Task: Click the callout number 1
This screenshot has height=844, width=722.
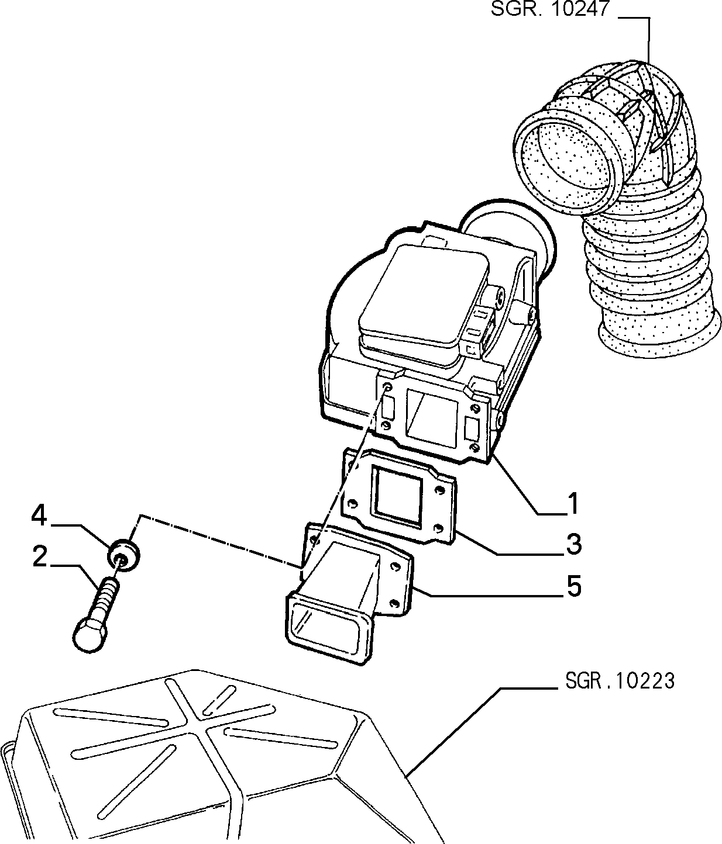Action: tap(573, 503)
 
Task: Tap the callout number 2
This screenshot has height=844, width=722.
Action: tap(40, 556)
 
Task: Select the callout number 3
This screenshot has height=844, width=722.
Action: tap(573, 544)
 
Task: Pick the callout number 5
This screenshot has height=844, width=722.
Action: tap(574, 587)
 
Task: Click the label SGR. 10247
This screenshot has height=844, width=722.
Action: tap(550, 8)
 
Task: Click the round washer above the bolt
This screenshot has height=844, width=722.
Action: tap(124, 555)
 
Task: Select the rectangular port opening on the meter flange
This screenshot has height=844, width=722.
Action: tap(431, 417)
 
